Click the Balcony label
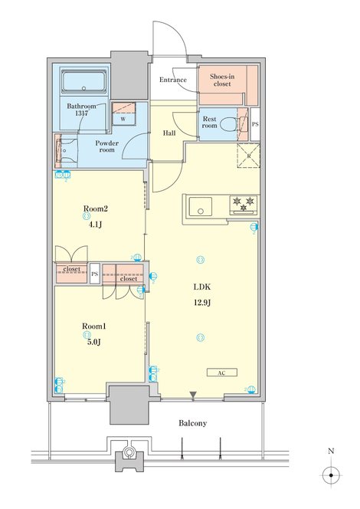(192, 423)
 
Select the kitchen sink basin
(201, 206)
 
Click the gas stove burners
(244, 205)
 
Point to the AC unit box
(222, 373)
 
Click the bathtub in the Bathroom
(84, 82)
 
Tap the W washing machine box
(123, 113)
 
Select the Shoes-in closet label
(222, 80)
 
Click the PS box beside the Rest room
(255, 124)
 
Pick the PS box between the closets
(94, 274)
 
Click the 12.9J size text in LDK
(202, 303)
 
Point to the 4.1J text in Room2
(95, 225)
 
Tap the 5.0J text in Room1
(94, 342)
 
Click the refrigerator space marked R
(248, 156)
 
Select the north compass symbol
(331, 475)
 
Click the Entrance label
(173, 80)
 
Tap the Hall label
(169, 133)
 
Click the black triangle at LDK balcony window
(193, 395)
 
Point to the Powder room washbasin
(67, 150)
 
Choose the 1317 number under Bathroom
(81, 113)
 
